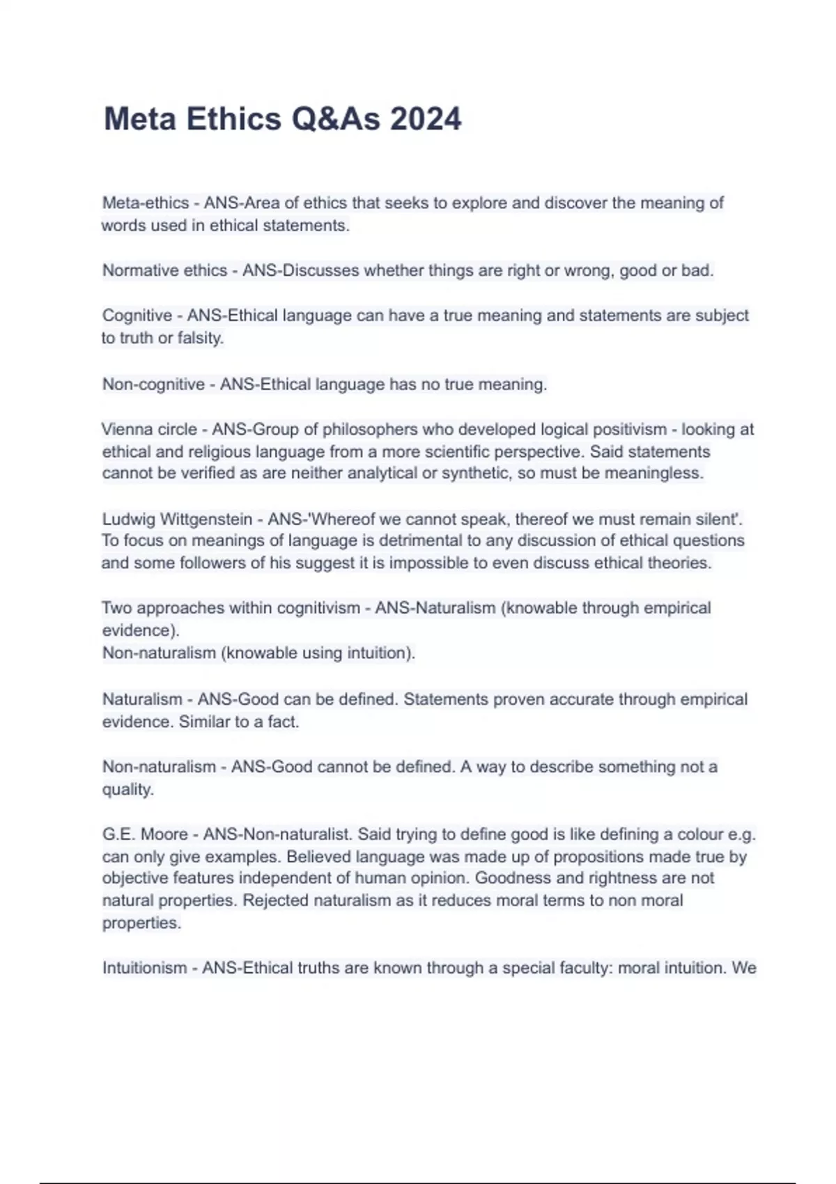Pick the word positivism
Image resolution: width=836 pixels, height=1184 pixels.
pos(619,429)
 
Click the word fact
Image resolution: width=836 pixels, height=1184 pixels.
pos(283,722)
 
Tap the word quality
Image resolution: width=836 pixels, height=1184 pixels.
pos(127,789)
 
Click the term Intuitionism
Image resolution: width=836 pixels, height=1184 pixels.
pos(144,968)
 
